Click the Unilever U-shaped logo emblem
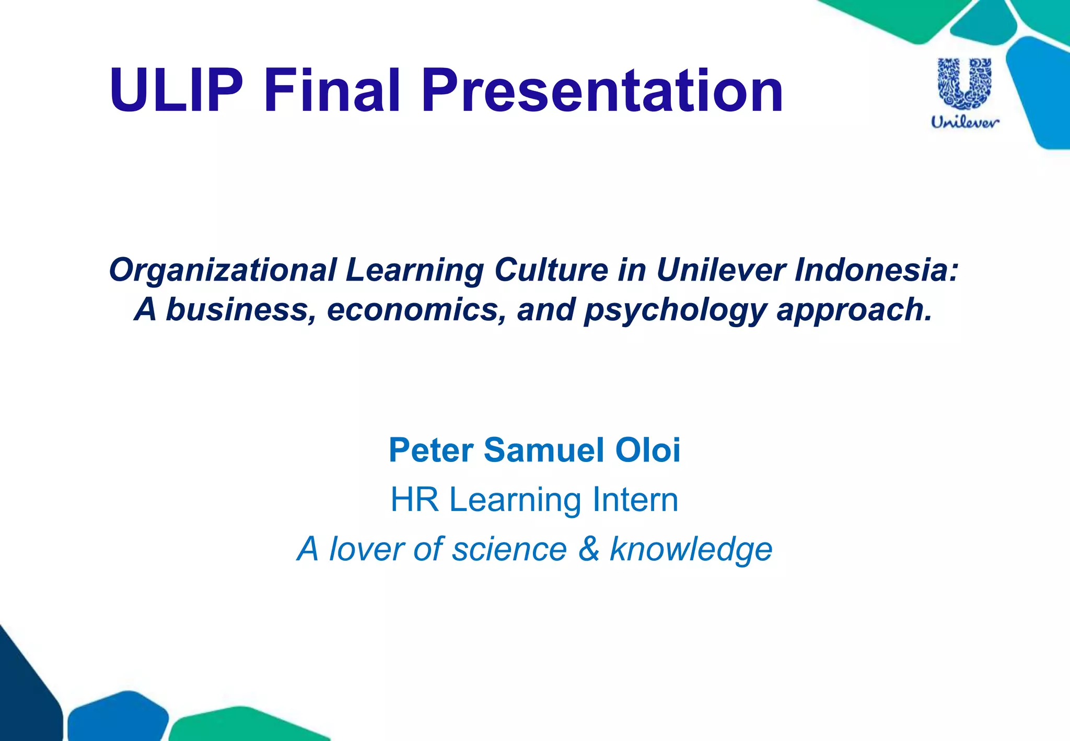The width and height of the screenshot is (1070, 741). pos(964,84)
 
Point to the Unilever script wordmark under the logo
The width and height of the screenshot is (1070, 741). pos(965,122)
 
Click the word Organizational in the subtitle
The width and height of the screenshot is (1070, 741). pos(223,270)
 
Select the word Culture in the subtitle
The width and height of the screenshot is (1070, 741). pos(551,270)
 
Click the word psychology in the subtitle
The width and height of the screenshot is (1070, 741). pos(675,310)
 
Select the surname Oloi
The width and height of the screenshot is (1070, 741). pos(648,450)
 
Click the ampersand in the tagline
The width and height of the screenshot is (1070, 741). pos(588,549)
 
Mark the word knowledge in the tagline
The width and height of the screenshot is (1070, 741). pos(691,549)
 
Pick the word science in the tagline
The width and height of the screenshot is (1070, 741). pos(509,549)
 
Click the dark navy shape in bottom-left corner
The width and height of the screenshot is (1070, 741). pos(26,695)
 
